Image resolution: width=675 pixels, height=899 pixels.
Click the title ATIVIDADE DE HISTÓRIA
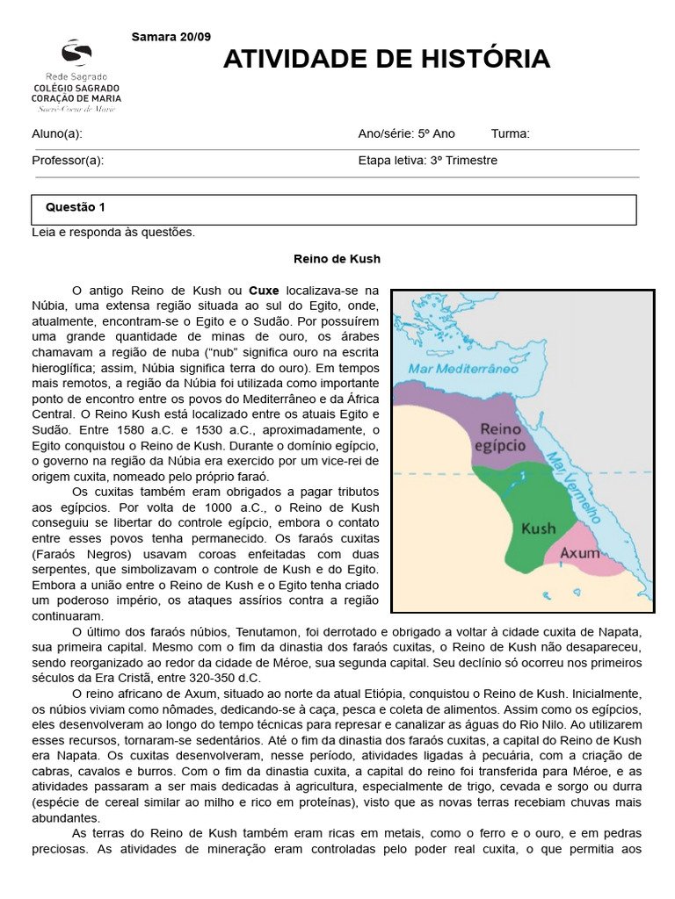click(386, 59)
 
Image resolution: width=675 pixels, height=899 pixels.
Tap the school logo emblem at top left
click(76, 54)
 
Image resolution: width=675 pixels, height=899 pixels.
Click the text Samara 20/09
click(171, 36)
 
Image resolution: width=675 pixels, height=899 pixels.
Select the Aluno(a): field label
click(57, 133)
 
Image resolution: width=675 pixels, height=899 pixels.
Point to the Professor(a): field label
click(68, 161)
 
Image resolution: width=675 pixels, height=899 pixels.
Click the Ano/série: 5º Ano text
click(406, 133)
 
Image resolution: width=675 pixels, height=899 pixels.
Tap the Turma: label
click(510, 133)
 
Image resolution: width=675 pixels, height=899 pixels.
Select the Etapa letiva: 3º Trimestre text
click(427, 161)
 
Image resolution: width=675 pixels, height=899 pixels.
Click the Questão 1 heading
click(75, 207)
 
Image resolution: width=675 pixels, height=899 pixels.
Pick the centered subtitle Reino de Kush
click(337, 259)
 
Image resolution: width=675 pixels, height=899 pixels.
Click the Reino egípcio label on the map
click(498, 437)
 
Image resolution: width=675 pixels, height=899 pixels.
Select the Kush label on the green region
click(538, 529)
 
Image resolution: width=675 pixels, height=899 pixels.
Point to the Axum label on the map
click(580, 553)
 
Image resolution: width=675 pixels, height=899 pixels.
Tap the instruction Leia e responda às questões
click(113, 233)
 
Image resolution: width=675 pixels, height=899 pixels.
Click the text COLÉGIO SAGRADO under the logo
click(76, 89)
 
